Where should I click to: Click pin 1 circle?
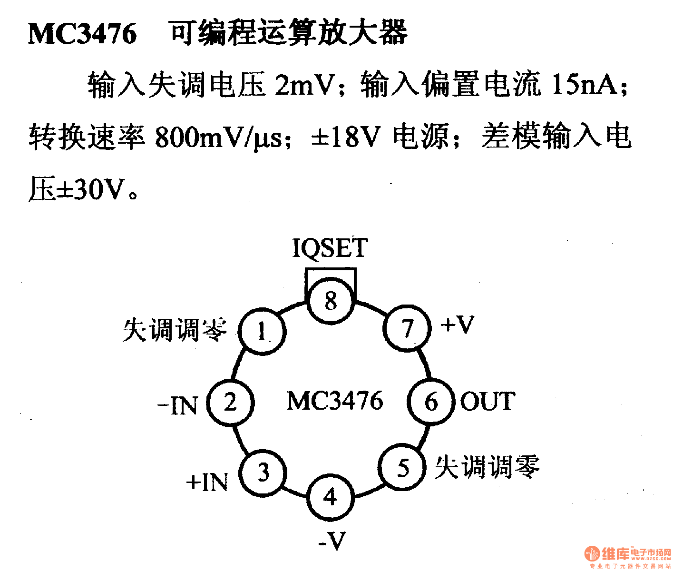pyautogui.click(x=262, y=331)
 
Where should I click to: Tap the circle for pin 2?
pyautogui.click(x=231, y=403)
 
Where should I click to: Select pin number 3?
pyautogui.click(x=263, y=473)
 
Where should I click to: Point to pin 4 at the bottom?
pyautogui.click(x=331, y=497)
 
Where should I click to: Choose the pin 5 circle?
pyautogui.click(x=403, y=468)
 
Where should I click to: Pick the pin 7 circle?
pyautogui.click(x=407, y=328)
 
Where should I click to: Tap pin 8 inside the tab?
pyautogui.click(x=331, y=301)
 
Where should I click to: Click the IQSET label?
pyautogui.click(x=330, y=248)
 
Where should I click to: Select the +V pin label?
pyautogui.click(x=458, y=325)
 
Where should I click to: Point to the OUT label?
pyautogui.click(x=488, y=402)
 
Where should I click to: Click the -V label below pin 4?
pyautogui.click(x=332, y=541)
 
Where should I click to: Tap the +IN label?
pyautogui.click(x=207, y=482)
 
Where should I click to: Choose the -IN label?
pyautogui.click(x=177, y=406)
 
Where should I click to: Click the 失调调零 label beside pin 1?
pyautogui.click(x=175, y=329)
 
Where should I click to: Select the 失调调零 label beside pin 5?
pyautogui.click(x=488, y=466)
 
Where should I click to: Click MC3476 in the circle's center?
pyautogui.click(x=335, y=401)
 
